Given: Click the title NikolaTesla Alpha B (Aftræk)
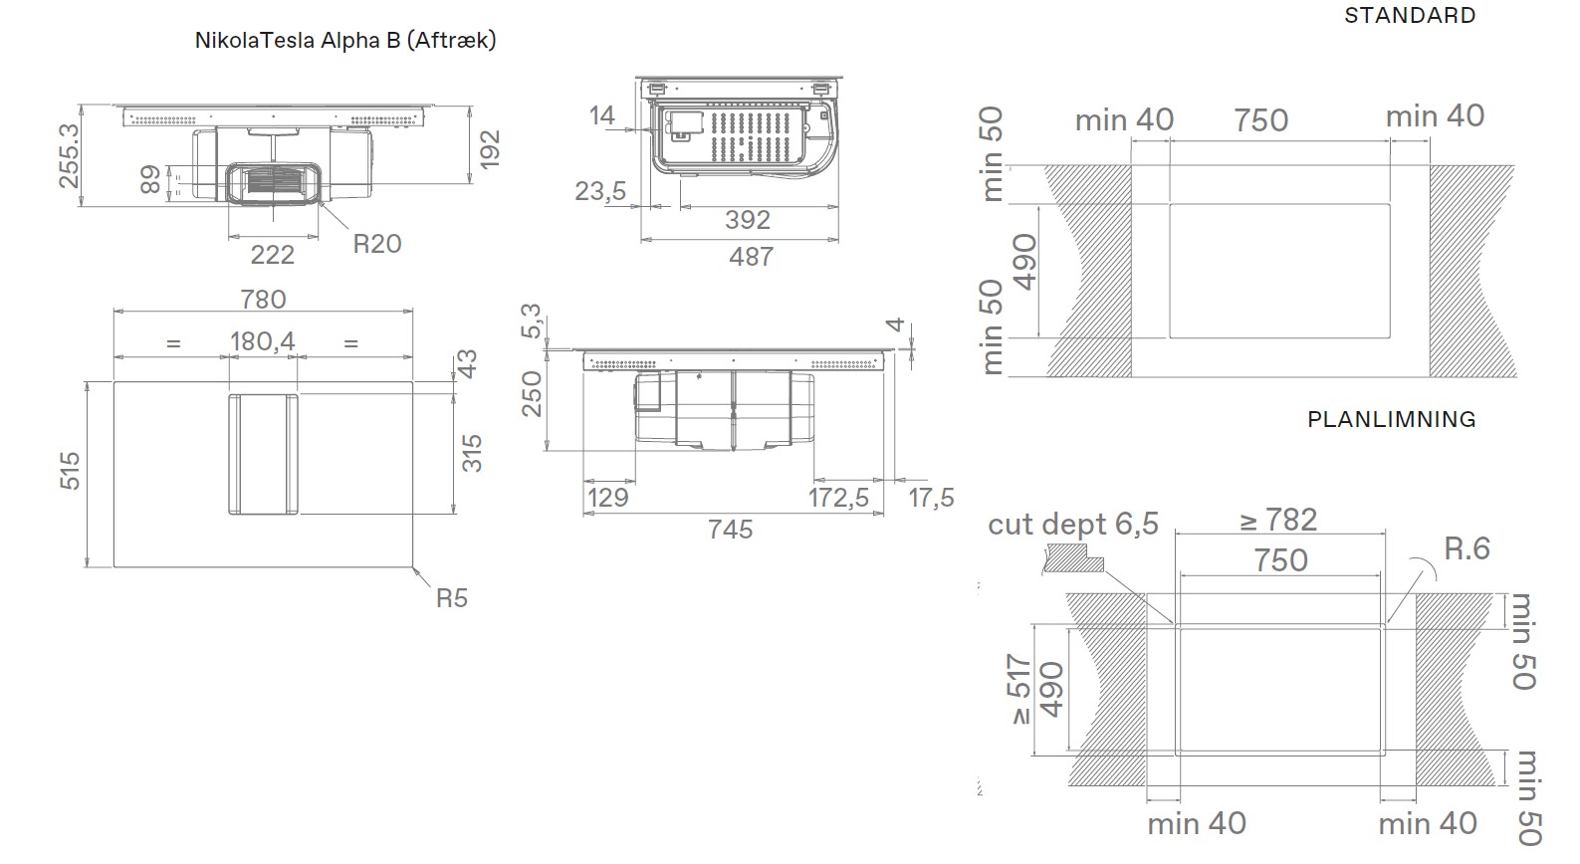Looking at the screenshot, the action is pyautogui.click(x=345, y=40).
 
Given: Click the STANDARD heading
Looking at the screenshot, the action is pyautogui.click(x=1410, y=16).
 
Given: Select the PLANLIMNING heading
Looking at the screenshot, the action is pyautogui.click(x=1392, y=419).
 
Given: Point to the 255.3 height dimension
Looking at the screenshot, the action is pyautogui.click(x=69, y=156).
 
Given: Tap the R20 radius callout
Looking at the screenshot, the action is pyautogui.click(x=376, y=244).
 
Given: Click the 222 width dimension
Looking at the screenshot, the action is pyautogui.click(x=272, y=255).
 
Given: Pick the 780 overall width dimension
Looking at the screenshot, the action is pyautogui.click(x=263, y=299).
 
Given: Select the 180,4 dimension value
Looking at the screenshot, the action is pyautogui.click(x=263, y=341).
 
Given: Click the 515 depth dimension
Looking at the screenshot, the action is pyautogui.click(x=70, y=471).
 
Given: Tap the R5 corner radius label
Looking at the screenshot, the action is pyautogui.click(x=452, y=598).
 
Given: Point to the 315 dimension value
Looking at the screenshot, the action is pyautogui.click(x=471, y=454).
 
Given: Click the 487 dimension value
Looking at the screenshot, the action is pyautogui.click(x=752, y=257).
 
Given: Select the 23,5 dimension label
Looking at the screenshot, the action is pyautogui.click(x=600, y=191).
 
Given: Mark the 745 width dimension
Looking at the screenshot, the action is pyautogui.click(x=730, y=529).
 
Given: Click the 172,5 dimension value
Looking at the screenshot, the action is pyautogui.click(x=838, y=498).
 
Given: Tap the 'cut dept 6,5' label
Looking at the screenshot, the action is pyautogui.click(x=1073, y=524).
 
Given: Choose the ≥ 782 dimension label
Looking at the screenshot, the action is pyautogui.click(x=1278, y=521).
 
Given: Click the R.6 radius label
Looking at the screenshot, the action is pyautogui.click(x=1467, y=548).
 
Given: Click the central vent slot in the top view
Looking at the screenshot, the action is pyautogui.click(x=263, y=454).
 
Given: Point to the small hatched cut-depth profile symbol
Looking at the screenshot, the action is pyautogui.click(x=1073, y=557).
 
